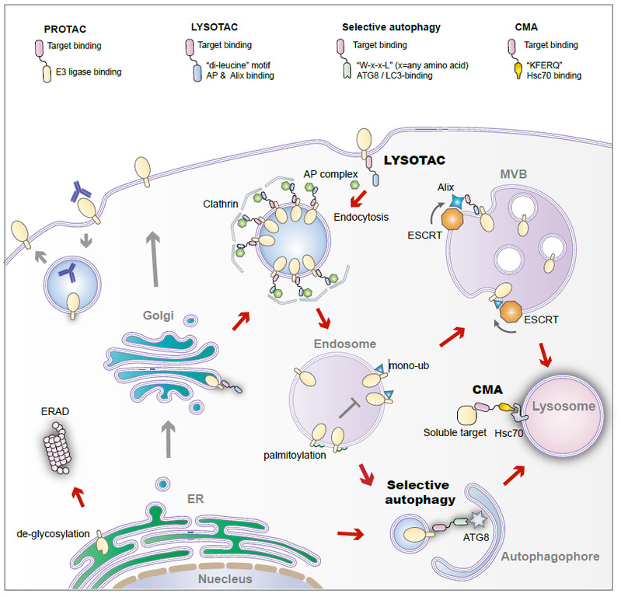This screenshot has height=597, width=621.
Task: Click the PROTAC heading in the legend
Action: [68, 29]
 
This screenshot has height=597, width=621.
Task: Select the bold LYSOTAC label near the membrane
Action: [417, 162]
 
